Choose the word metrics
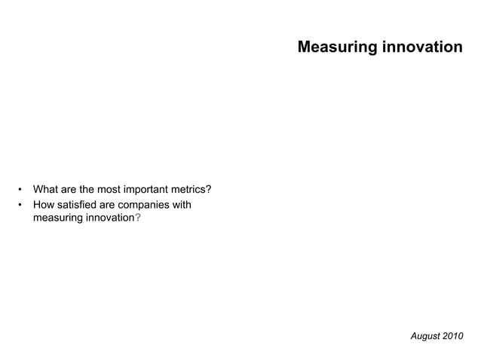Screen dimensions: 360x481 click(x=192, y=189)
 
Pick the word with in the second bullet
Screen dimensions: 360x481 click(x=182, y=204)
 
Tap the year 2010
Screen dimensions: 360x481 click(x=453, y=335)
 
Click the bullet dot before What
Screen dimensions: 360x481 click(x=21, y=189)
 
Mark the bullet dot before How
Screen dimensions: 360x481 click(x=21, y=204)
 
